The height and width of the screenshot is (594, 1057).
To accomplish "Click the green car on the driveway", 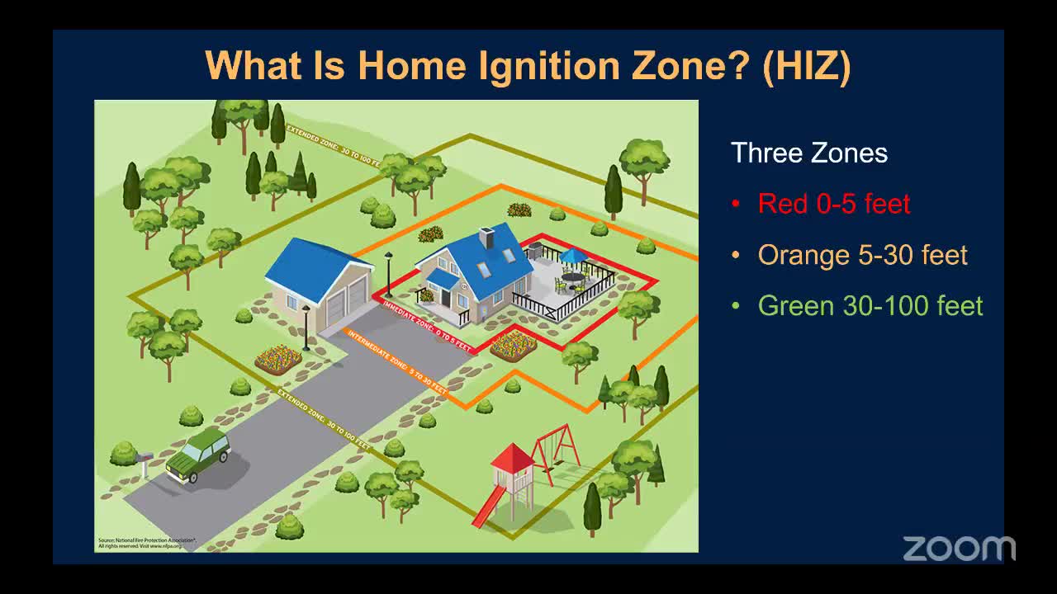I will pyautogui.click(x=198, y=455).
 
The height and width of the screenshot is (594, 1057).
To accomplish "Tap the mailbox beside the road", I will pyautogui.click(x=145, y=458).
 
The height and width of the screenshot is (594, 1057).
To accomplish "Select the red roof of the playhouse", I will pyautogui.click(x=513, y=458).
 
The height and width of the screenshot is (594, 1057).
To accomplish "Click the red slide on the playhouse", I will pyautogui.click(x=488, y=507).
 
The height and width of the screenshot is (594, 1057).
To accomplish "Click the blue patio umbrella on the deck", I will pyautogui.click(x=573, y=256).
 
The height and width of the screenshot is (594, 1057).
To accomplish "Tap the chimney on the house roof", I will pyautogui.click(x=486, y=238).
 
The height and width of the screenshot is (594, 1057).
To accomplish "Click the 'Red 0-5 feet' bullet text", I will pyautogui.click(x=833, y=204).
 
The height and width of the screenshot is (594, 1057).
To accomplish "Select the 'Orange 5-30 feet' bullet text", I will pyautogui.click(x=862, y=255).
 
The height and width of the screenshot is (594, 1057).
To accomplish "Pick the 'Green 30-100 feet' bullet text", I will pyautogui.click(x=870, y=306).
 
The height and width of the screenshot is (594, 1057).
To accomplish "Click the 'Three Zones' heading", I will pyautogui.click(x=808, y=153).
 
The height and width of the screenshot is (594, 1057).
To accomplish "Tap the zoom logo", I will pyautogui.click(x=958, y=548).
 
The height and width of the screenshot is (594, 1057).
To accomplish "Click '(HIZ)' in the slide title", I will pyautogui.click(x=806, y=65).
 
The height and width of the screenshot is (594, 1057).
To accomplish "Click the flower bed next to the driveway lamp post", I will pyautogui.click(x=279, y=359).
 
